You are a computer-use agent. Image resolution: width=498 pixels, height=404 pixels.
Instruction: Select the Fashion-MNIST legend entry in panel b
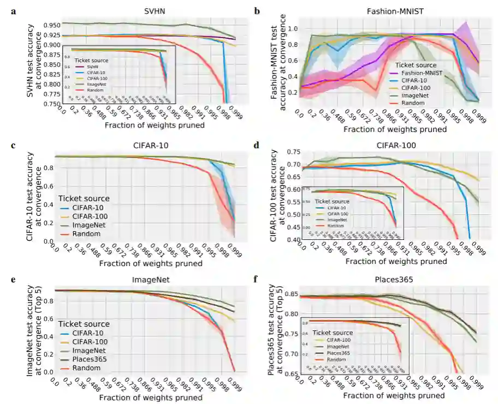[423, 73]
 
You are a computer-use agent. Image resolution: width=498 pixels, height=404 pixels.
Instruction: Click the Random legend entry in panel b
[411, 102]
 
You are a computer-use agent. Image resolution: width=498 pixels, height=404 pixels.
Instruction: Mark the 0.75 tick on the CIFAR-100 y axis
[293, 152]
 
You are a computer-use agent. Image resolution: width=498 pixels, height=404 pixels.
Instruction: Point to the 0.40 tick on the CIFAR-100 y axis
[293, 240]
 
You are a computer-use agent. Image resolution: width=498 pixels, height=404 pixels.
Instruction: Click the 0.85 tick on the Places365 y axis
[292, 297]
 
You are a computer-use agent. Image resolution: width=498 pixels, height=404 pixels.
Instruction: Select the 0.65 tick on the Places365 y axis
[292, 374]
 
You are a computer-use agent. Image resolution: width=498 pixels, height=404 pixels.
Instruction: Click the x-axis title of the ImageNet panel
[149, 397]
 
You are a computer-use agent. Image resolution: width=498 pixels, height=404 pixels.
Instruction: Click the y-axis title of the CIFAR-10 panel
[31, 196]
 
